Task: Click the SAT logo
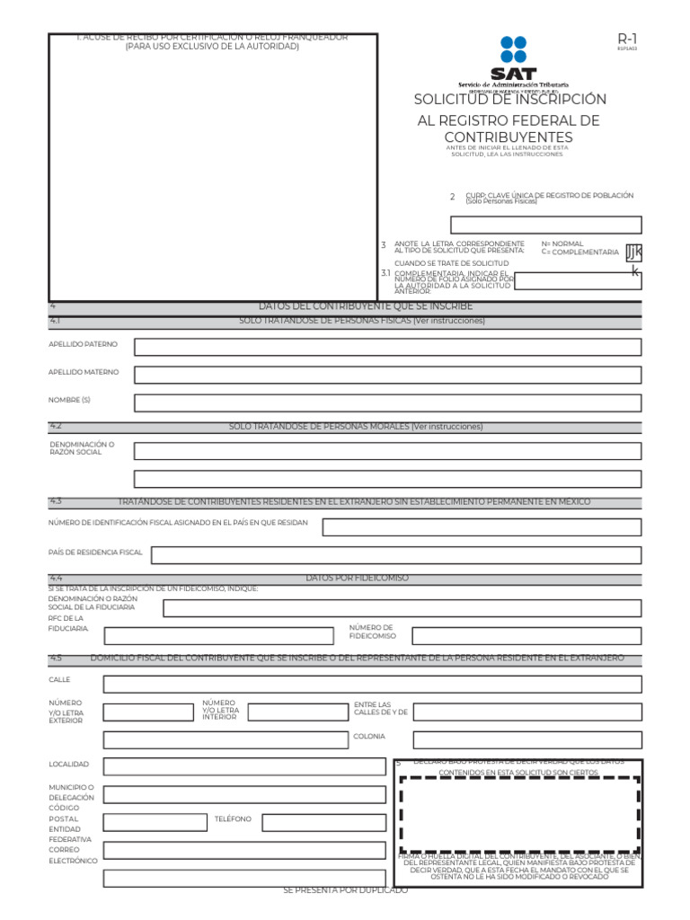513,58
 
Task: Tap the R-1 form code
626,39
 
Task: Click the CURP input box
545,225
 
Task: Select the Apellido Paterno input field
387,347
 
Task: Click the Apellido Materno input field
387,375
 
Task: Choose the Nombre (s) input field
387,402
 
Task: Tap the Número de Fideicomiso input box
526,636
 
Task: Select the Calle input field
372,685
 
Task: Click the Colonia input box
526,740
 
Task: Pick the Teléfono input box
323,822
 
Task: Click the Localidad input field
243,766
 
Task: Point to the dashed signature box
518,815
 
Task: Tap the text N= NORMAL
562,243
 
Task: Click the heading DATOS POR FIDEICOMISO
357,579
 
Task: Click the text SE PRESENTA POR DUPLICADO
345,889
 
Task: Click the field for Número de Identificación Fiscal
482,527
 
